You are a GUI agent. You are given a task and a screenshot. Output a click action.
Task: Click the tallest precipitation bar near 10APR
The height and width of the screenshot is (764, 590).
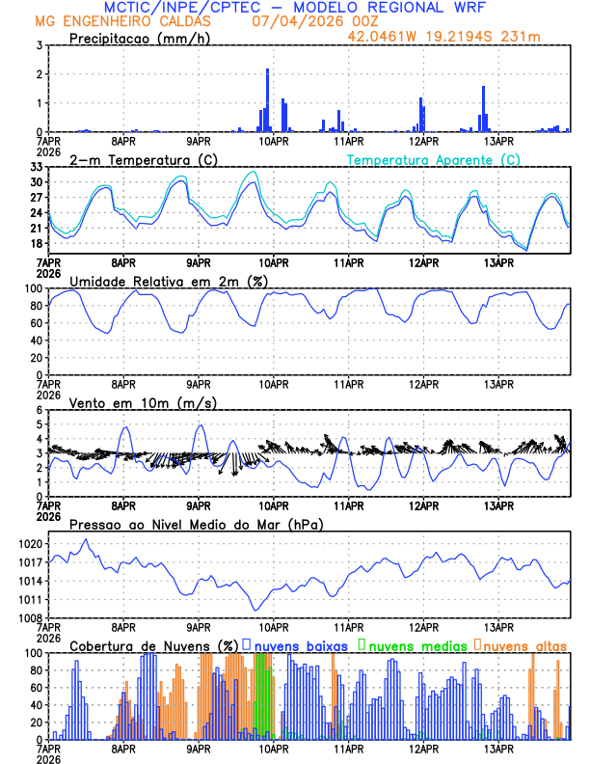pos(267,99)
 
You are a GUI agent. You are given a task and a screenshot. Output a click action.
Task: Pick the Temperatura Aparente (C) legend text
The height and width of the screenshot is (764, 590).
pos(433,159)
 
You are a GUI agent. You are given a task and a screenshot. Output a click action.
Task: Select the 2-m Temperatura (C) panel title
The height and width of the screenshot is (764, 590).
pos(144,159)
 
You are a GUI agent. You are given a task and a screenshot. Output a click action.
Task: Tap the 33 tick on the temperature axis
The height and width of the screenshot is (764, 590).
pos(36,167)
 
